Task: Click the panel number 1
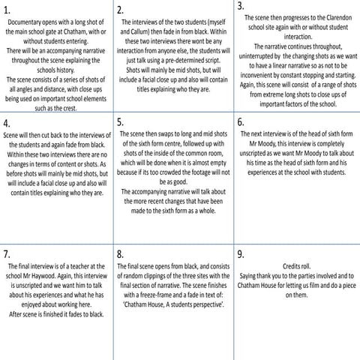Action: click(7, 10)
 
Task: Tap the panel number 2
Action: click(121, 10)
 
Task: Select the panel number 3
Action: click(241, 6)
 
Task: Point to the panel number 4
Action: click(7, 122)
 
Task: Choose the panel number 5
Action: click(121, 121)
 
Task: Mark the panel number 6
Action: click(241, 121)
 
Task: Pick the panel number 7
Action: click(7, 253)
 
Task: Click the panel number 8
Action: click(121, 253)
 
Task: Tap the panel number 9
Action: click(241, 253)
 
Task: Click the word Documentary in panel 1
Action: click(24, 23)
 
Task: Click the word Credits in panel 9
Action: click(288, 265)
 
